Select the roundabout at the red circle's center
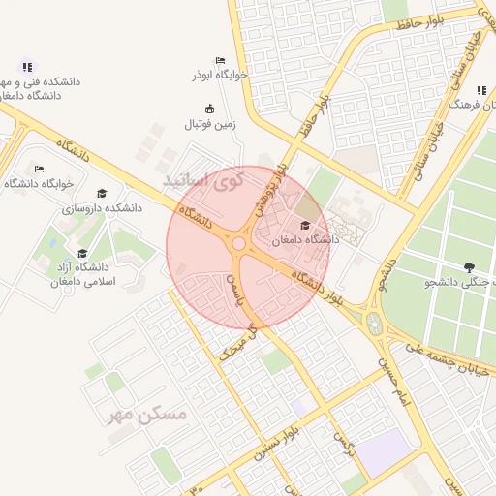239,244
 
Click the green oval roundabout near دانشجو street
375,321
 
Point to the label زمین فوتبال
210,123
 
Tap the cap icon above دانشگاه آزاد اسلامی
82,252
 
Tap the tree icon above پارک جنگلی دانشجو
470,267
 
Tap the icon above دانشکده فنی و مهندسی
27,67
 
